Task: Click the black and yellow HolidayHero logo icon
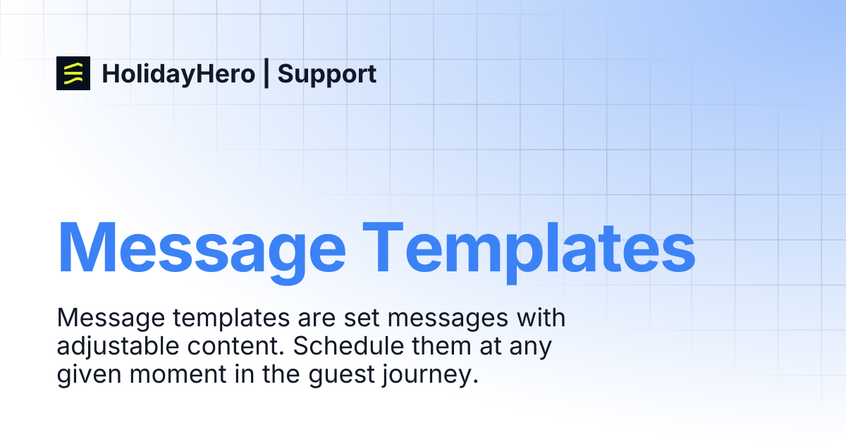pyautogui.click(x=73, y=73)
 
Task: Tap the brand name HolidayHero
pyautogui.click(x=178, y=75)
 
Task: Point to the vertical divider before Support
pyautogui.click(x=266, y=73)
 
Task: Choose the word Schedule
pyautogui.click(x=348, y=345)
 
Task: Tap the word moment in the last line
pyautogui.click(x=178, y=374)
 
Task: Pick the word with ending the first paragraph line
pyautogui.click(x=541, y=317)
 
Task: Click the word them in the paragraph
pyautogui.click(x=441, y=345)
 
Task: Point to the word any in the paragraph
pyautogui.click(x=530, y=349)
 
